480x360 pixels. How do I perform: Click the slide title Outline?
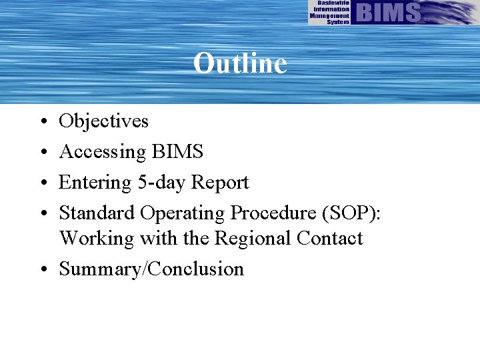[240, 64]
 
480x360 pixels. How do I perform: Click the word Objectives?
[103, 121]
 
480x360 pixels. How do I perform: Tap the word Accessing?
[102, 152]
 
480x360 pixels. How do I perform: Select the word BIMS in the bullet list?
[177, 152]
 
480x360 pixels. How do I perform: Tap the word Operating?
[182, 213]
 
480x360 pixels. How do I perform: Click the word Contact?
[330, 238]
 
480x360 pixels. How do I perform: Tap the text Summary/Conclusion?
[151, 269]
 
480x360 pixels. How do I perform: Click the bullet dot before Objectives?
[42, 122]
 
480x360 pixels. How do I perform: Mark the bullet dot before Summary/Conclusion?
[42, 270]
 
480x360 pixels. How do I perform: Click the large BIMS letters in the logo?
[389, 12]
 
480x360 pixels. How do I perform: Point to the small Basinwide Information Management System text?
[329, 13]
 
